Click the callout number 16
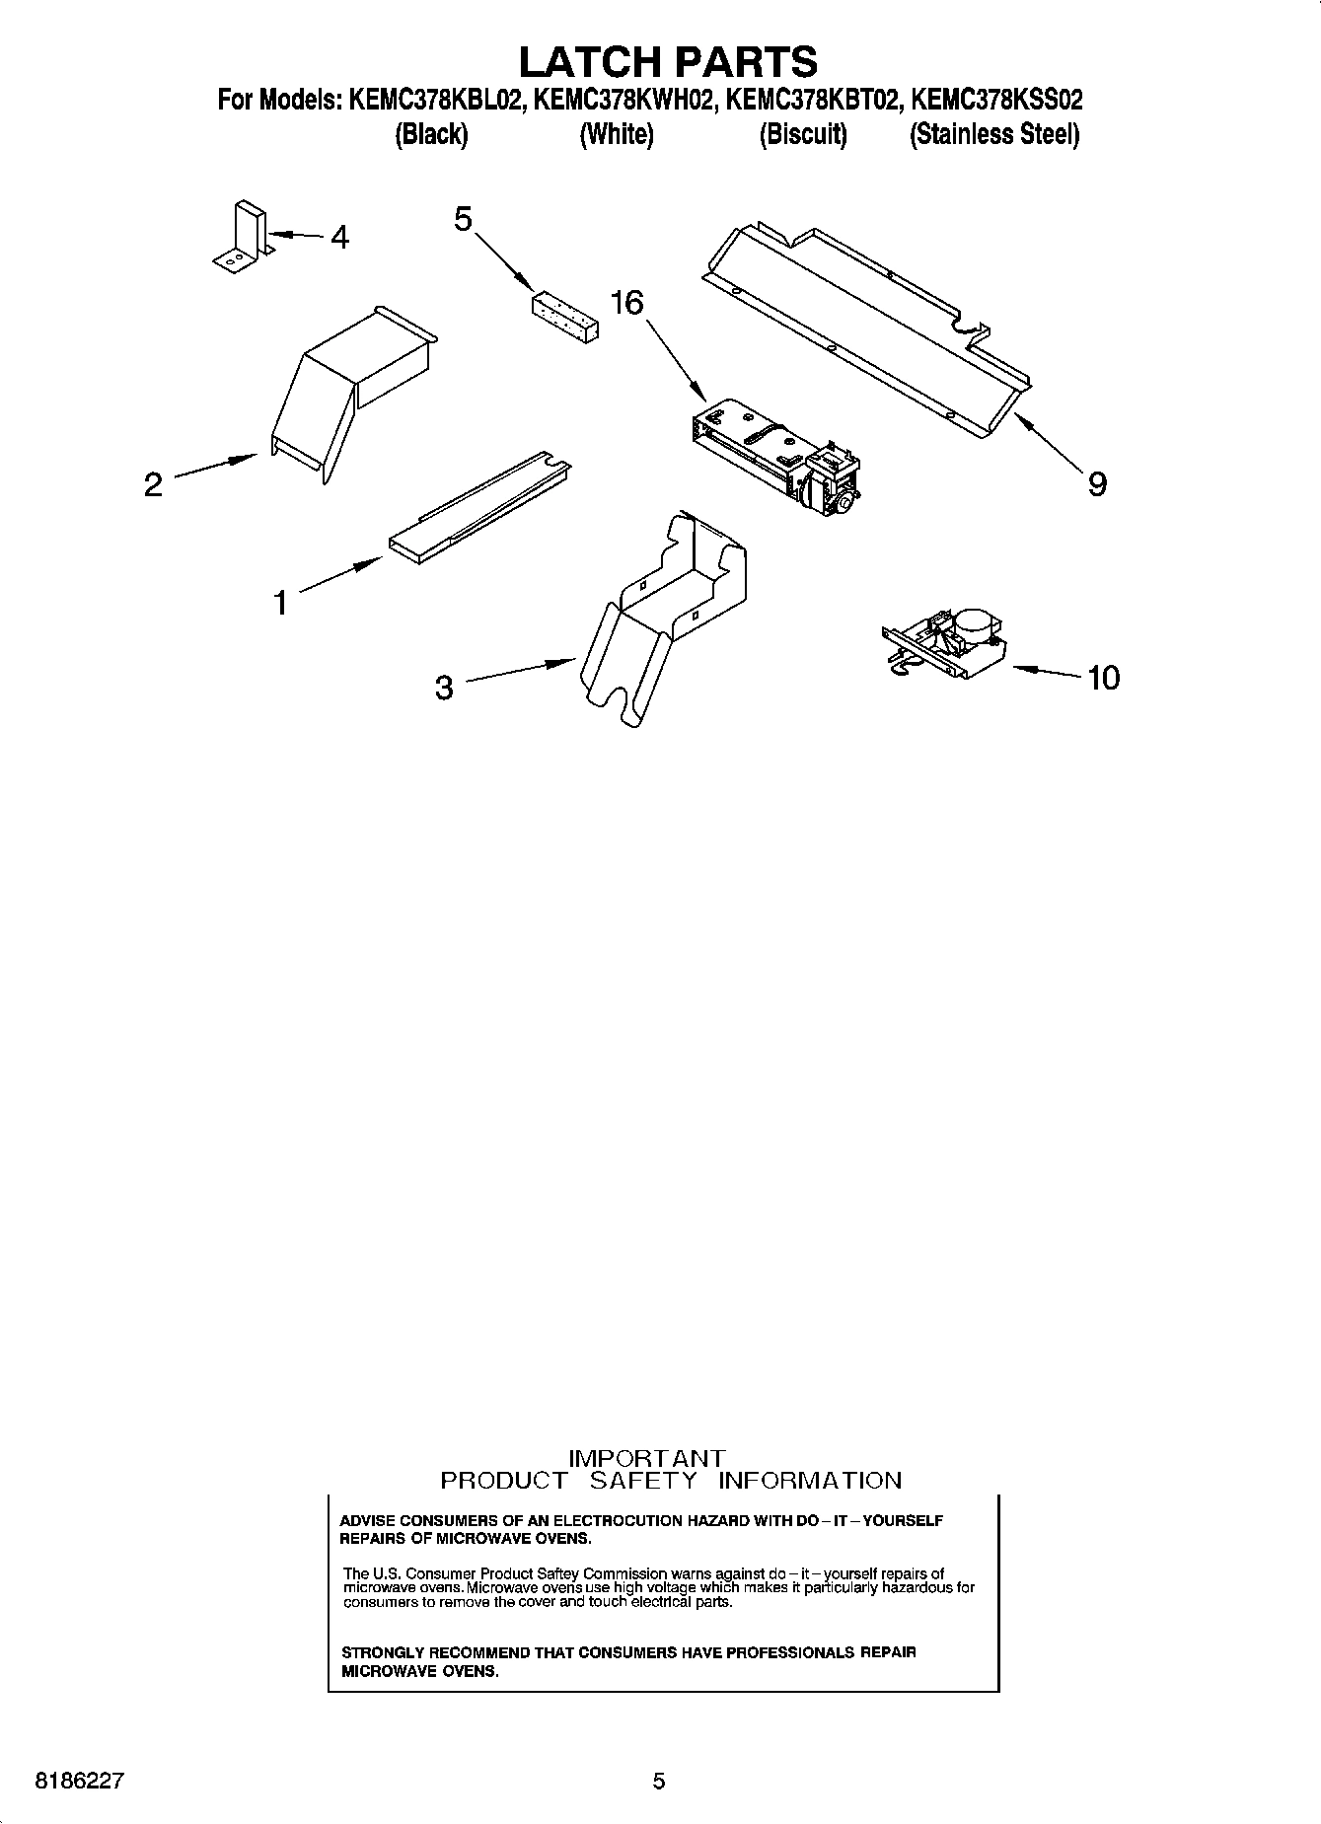point(626,303)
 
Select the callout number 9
point(1097,483)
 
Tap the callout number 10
point(1103,678)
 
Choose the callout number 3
point(444,688)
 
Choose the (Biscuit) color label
point(802,134)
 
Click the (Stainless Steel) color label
point(993,134)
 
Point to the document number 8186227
point(79,1782)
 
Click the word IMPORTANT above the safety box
point(647,1458)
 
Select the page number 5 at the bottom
point(659,1782)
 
